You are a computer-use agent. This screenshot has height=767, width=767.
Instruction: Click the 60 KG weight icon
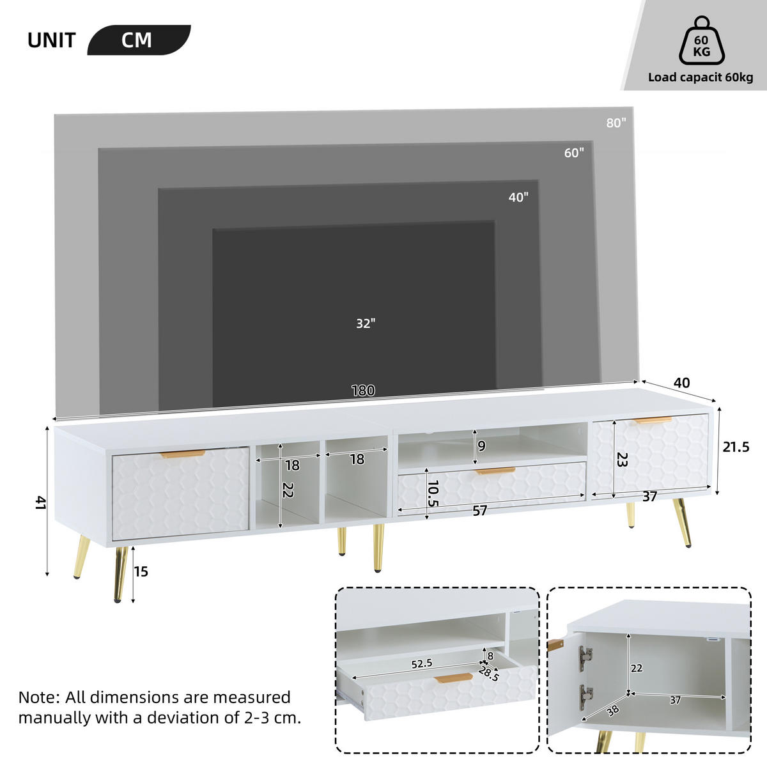(x=701, y=42)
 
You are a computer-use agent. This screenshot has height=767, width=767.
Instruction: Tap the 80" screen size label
(x=616, y=123)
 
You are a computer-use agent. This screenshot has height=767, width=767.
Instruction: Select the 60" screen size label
(x=574, y=153)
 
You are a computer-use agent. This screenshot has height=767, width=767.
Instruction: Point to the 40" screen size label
(x=518, y=198)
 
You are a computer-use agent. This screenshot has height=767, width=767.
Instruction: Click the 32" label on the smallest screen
(x=365, y=323)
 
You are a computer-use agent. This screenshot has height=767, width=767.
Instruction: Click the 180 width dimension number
(x=363, y=391)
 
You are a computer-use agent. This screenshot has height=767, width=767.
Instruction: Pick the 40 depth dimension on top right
(x=682, y=383)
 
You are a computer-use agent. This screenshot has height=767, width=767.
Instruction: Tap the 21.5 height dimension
(x=736, y=447)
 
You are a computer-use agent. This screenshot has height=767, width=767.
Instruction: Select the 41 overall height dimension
(x=40, y=503)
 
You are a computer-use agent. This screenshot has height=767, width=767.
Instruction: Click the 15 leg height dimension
(x=141, y=571)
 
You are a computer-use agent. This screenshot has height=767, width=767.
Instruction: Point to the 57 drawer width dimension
(x=479, y=510)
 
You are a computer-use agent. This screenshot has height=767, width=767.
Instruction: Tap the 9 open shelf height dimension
(x=481, y=446)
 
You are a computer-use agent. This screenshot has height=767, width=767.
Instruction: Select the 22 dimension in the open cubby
(x=288, y=490)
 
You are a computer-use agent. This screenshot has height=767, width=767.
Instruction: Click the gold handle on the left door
(x=182, y=454)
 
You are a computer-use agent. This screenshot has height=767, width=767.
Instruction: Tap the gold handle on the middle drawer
(x=495, y=471)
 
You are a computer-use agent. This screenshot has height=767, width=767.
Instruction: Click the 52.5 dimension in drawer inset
(x=422, y=664)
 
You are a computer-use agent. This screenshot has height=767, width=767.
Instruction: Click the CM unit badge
(x=137, y=40)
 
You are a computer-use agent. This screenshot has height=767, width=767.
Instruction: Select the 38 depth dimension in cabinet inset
(x=612, y=709)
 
